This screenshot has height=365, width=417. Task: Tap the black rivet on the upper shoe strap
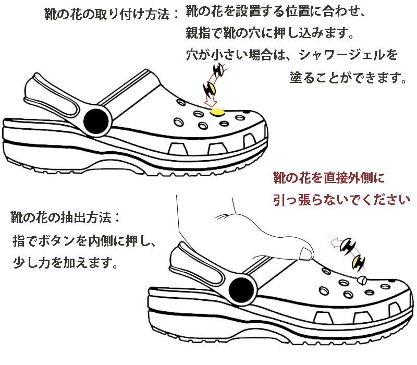(95, 121)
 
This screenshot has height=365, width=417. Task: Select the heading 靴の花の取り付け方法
(104, 14)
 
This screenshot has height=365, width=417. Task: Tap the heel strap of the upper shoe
(52, 96)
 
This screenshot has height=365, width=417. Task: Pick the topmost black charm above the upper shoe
(218, 70)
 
